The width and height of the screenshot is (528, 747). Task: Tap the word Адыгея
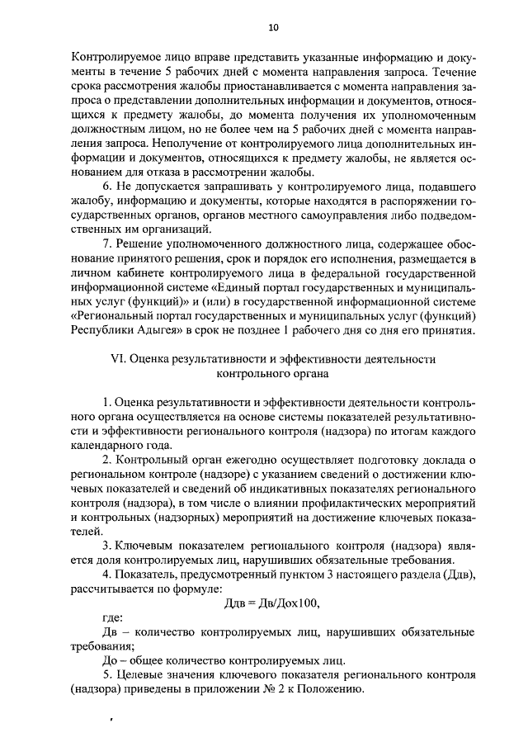pos(150,331)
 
